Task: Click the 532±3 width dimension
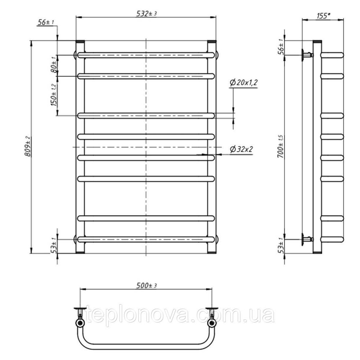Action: [x=146, y=14]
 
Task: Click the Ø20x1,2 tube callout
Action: [x=243, y=82]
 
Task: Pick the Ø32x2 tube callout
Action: [x=241, y=149]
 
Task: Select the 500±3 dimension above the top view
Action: [x=147, y=285]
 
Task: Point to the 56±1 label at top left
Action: [x=45, y=22]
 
